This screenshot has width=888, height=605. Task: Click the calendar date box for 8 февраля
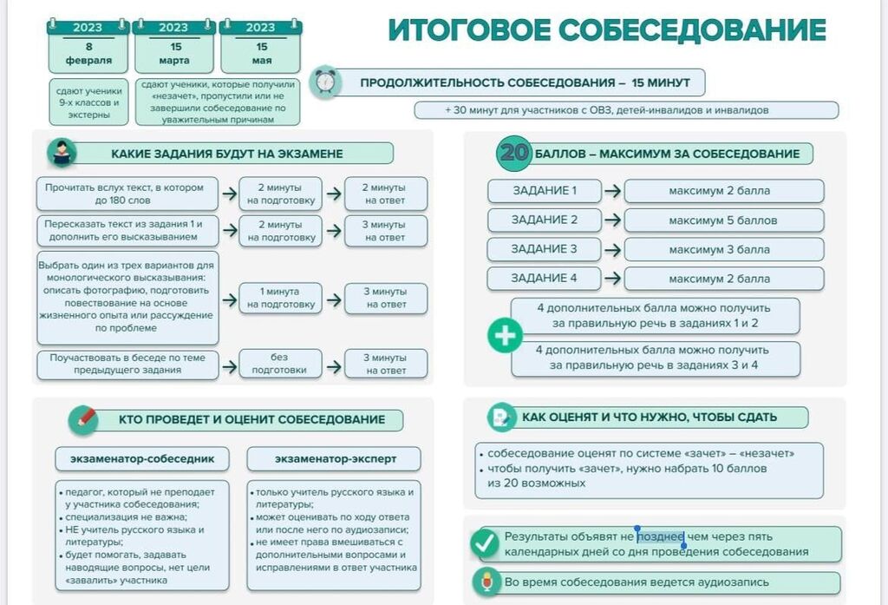[x=88, y=47]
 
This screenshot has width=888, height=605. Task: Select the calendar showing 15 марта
[x=173, y=47]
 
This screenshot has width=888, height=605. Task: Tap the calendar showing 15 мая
[x=260, y=47]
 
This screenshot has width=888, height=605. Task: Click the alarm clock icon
[x=326, y=82]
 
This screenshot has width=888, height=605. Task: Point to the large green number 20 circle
[x=513, y=153]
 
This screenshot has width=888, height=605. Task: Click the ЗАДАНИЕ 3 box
[x=544, y=249]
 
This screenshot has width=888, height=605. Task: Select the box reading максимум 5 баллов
[x=724, y=220]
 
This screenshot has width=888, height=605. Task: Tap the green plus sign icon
[x=506, y=336]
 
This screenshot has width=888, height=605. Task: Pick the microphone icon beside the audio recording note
[x=486, y=582]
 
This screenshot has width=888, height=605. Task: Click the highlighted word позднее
[x=660, y=536]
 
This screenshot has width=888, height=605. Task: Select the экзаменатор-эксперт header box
[x=334, y=458]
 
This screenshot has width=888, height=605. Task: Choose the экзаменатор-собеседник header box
[x=142, y=458]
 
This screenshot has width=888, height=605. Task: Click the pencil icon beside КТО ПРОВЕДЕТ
[x=83, y=420]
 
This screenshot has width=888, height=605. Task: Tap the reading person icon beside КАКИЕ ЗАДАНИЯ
[x=62, y=153]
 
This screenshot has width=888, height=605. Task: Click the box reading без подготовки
[x=280, y=364]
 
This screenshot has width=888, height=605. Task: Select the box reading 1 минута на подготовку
[x=280, y=298]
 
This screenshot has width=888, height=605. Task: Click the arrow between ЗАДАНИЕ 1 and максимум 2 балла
[x=613, y=191]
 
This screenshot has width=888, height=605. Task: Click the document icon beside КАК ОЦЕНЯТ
[x=502, y=418]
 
